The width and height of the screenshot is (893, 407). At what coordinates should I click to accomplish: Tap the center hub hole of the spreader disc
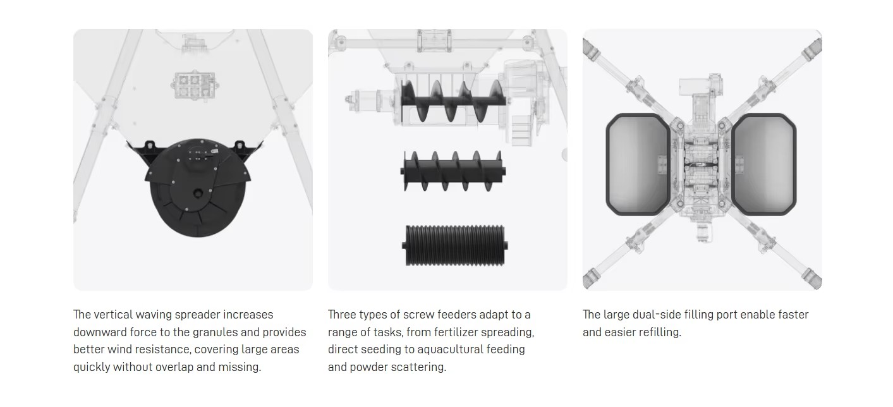198,193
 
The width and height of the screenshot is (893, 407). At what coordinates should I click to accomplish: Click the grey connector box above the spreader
194,85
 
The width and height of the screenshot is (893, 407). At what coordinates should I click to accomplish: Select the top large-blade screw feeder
453,101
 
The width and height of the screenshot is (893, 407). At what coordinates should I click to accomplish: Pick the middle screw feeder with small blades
453,171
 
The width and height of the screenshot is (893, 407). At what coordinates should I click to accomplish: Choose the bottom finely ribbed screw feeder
454,245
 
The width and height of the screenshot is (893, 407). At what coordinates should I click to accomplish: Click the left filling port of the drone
638,164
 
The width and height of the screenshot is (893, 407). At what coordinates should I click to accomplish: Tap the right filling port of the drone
764,164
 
